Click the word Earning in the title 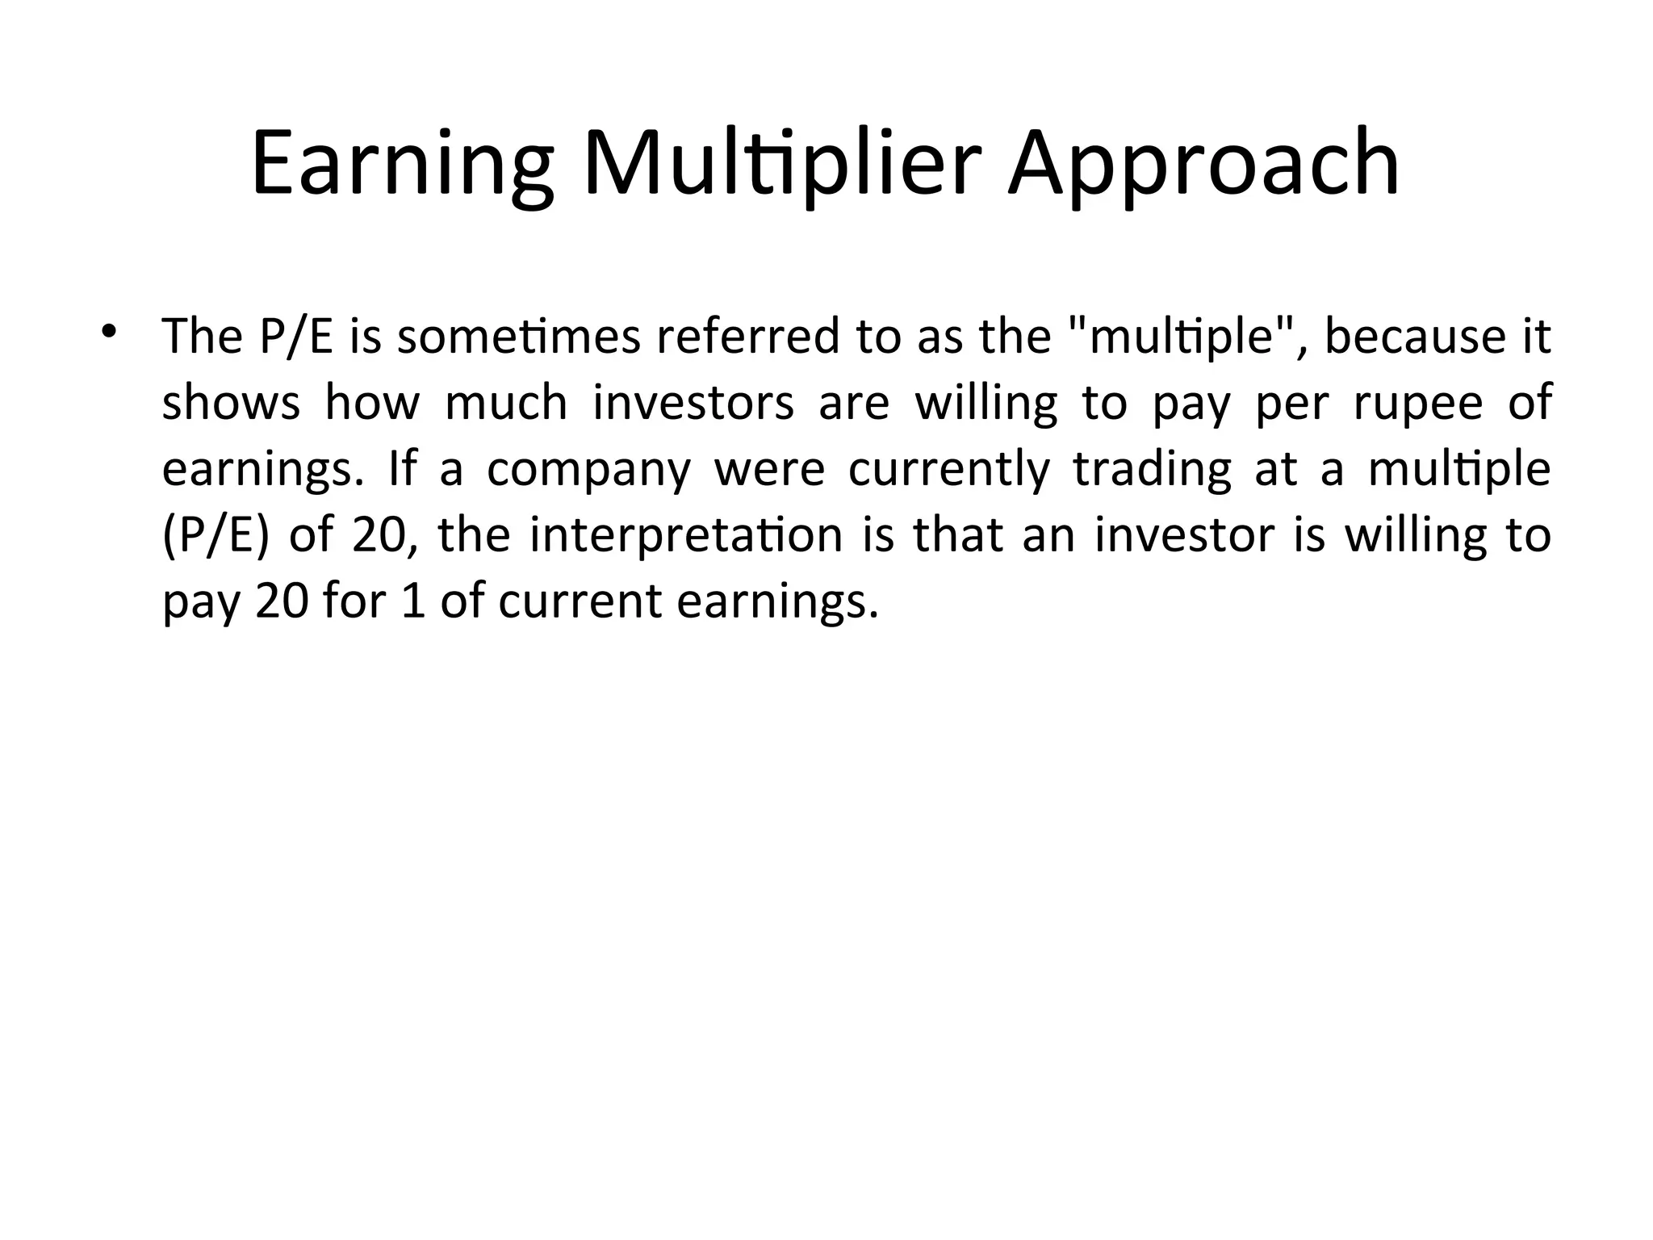click(402, 164)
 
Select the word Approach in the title click(1203, 164)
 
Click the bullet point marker click(108, 333)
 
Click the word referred click(747, 337)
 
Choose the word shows click(231, 403)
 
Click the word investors click(693, 403)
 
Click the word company click(589, 469)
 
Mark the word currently click(949, 469)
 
